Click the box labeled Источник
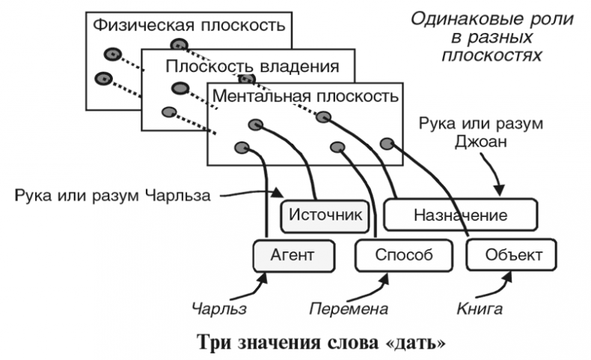[325, 215]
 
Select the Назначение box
[460, 215]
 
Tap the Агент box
[293, 254]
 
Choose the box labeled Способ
[404, 254]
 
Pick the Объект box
[514, 254]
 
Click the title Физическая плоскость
[189, 25]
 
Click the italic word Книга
[479, 308]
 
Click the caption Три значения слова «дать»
[321, 344]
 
